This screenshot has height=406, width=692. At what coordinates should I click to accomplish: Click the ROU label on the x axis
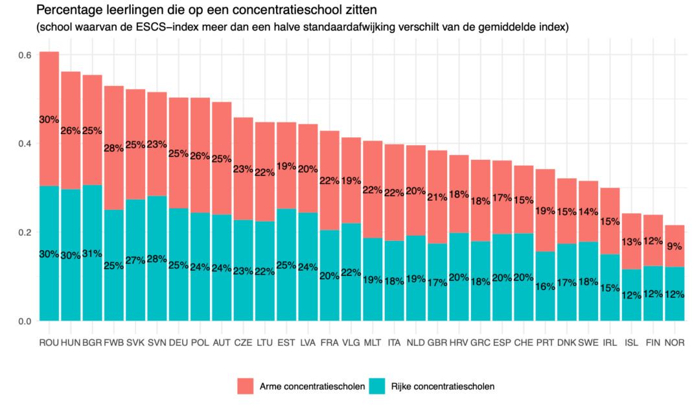pyautogui.click(x=49, y=342)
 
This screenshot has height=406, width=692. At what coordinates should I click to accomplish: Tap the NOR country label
pyautogui.click(x=675, y=342)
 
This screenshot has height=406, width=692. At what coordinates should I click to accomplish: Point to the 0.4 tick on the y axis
pyautogui.click(x=25, y=143)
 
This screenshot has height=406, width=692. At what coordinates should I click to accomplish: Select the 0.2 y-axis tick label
pyautogui.click(x=25, y=232)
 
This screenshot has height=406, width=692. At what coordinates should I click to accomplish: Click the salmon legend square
pyautogui.click(x=246, y=386)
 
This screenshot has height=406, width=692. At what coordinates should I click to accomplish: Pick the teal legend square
pyautogui.click(x=377, y=386)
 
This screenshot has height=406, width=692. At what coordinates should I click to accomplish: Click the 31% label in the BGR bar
pyautogui.click(x=92, y=253)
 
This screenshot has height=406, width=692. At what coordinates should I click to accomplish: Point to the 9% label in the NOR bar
pyautogui.click(x=675, y=246)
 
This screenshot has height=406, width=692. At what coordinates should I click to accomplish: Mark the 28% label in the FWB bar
pyautogui.click(x=114, y=148)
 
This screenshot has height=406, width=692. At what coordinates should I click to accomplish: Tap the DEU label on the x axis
pyautogui.click(x=178, y=342)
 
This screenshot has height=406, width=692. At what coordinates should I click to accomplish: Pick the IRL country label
pyautogui.click(x=610, y=342)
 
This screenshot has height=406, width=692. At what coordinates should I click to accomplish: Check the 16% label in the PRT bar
pyautogui.click(x=546, y=286)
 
